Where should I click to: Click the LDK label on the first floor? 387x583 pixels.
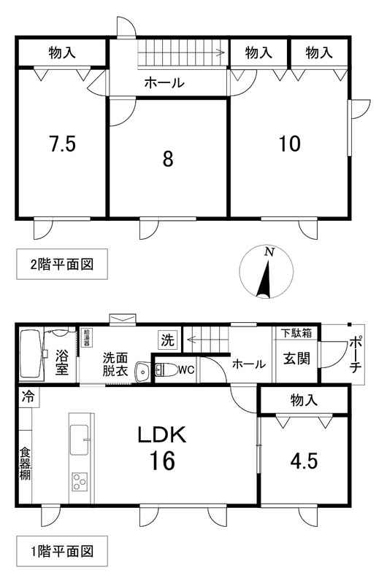tap(161, 434)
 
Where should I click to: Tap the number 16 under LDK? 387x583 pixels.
tap(161, 461)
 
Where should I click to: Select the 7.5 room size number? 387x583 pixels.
tap(63, 144)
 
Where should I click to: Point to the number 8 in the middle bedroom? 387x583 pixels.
tap(168, 159)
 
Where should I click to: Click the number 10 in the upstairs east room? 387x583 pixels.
tap(290, 144)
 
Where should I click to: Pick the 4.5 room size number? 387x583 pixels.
tap(304, 461)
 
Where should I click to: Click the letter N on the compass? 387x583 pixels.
tap(269, 252)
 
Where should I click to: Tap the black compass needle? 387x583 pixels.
tap(264, 279)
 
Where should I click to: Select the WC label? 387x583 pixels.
tap(186, 370)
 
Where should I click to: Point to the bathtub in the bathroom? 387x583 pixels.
tap(31, 354)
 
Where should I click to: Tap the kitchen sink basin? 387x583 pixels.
tap(80, 440)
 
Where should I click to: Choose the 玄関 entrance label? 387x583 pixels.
tap(296, 359)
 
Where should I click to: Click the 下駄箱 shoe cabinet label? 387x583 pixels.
tap(296, 333)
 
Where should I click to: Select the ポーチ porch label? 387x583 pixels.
tap(356, 355)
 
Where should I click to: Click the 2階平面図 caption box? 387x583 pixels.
tap(62, 265)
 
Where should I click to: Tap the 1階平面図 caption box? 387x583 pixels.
tap(62, 551)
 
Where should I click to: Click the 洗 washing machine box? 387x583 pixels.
tap(167, 340)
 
